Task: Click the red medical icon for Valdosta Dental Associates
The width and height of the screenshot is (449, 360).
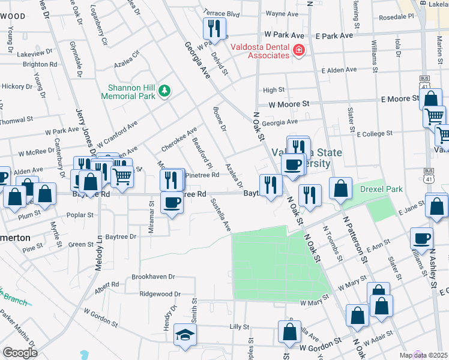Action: click(298, 50)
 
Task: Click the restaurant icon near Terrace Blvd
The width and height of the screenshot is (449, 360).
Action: click(213, 28)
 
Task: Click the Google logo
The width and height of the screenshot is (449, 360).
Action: click(19, 353)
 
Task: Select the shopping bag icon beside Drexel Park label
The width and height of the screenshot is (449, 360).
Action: click(340, 188)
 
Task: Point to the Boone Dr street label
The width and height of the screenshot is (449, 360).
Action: click(219, 119)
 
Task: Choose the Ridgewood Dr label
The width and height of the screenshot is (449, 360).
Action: click(160, 294)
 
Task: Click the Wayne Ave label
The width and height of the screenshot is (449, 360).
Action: click(282, 13)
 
